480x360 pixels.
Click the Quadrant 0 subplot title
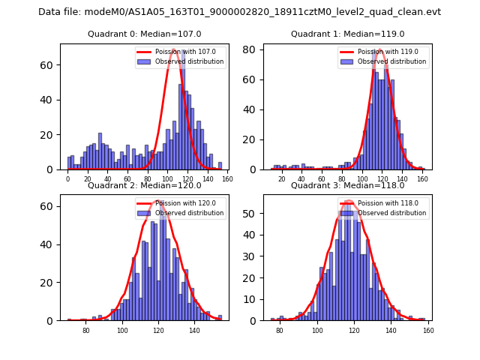[x=145, y=34]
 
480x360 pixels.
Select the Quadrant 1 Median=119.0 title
[x=347, y=34]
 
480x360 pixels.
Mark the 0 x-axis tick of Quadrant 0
[x=67, y=178]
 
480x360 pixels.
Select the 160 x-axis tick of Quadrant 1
[x=422, y=178]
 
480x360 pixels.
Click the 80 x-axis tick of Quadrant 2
[x=85, y=330]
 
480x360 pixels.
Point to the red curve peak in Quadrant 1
[x=379, y=51]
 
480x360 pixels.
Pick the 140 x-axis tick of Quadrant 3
[x=391, y=330]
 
